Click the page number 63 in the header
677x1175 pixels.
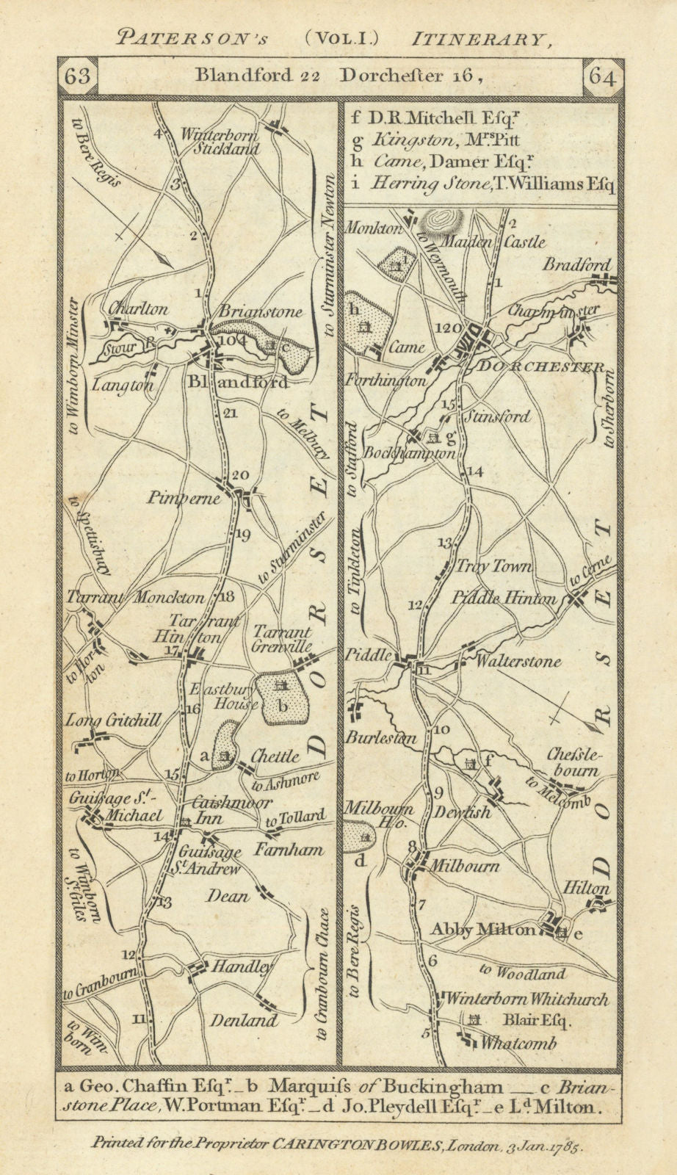pyautogui.click(x=75, y=76)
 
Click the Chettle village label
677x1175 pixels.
pyautogui.click(x=275, y=756)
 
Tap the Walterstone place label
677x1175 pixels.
pyautogui.click(x=518, y=662)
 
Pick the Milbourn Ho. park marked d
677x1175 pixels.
pyautogui.click(x=358, y=834)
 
